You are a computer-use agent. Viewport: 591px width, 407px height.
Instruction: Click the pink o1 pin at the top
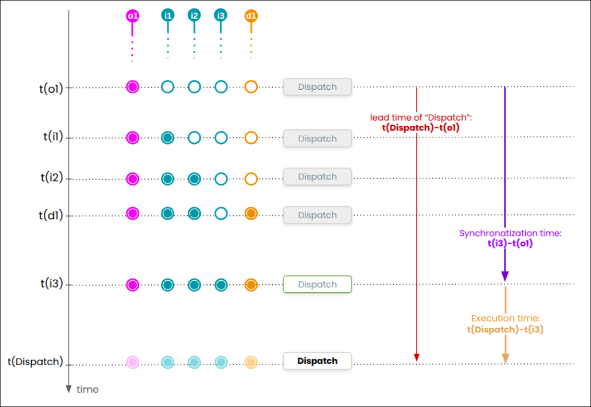(132, 16)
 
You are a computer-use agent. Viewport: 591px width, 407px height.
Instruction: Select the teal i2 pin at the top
(194, 15)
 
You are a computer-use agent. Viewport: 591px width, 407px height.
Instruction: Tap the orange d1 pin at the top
(251, 16)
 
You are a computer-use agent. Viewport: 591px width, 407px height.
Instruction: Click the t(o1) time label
(51, 88)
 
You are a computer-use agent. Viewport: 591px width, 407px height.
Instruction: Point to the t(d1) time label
(51, 215)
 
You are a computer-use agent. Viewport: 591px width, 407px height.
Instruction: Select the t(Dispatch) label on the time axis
(35, 362)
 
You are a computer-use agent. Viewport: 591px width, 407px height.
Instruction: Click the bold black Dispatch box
(317, 361)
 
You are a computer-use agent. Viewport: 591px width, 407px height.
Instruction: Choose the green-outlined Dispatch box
(317, 284)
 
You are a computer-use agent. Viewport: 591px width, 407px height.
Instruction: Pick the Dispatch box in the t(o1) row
(317, 87)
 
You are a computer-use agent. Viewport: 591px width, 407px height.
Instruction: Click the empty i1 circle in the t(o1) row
(167, 87)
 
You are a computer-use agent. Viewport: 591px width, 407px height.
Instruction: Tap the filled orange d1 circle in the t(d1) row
(251, 213)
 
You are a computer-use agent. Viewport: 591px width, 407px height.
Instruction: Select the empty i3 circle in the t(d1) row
(221, 213)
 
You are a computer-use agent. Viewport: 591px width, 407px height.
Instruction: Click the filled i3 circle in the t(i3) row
(221, 285)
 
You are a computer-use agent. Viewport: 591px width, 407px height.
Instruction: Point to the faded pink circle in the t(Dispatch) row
(132, 362)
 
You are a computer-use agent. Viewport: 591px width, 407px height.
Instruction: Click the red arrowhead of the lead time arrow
(416, 357)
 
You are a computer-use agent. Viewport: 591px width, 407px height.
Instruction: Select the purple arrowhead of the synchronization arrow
(504, 276)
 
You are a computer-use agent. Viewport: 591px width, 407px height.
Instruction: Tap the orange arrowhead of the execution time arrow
(504, 358)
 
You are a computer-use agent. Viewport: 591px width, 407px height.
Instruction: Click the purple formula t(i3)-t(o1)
(510, 243)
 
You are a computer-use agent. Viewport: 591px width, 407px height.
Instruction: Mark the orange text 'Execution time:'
(505, 318)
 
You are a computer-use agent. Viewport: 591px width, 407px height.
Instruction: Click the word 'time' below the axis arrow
(88, 389)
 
